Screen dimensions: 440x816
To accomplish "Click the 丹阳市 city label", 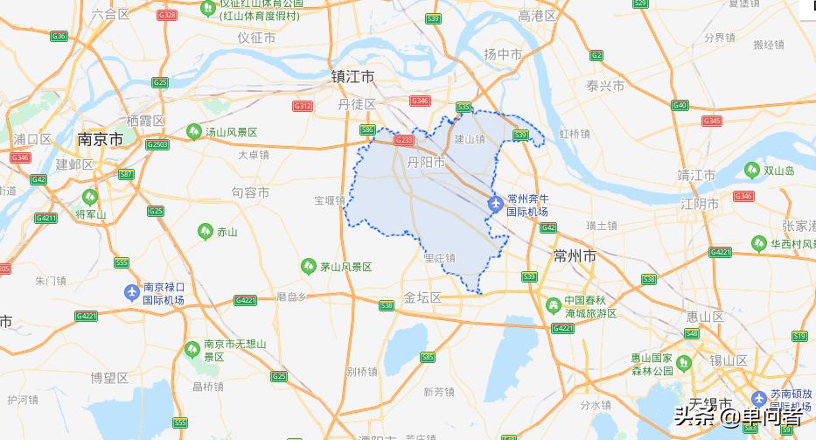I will click(426, 163).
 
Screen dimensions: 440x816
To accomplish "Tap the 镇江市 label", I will click(352, 77).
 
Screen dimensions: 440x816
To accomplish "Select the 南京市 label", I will click(100, 139).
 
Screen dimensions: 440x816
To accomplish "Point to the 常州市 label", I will click(575, 255).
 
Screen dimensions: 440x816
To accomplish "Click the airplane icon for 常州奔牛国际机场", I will click(495, 206).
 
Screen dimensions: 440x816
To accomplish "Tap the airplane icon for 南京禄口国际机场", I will click(131, 292).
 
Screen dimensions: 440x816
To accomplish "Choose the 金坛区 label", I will click(422, 297).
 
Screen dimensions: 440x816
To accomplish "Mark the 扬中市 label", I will click(503, 54).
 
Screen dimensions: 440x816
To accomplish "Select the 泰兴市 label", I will click(605, 86).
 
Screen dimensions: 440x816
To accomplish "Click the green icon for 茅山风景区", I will click(308, 266).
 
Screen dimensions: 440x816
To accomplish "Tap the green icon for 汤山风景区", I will click(193, 132).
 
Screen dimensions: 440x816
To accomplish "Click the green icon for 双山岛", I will click(751, 171).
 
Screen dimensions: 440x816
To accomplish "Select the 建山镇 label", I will click(469, 138).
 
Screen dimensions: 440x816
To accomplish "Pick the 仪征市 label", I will click(256, 38).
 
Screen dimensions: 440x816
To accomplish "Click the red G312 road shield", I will click(303, 106).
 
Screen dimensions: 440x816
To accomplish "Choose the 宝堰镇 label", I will click(331, 200).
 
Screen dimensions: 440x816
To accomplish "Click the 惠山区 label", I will click(705, 317).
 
